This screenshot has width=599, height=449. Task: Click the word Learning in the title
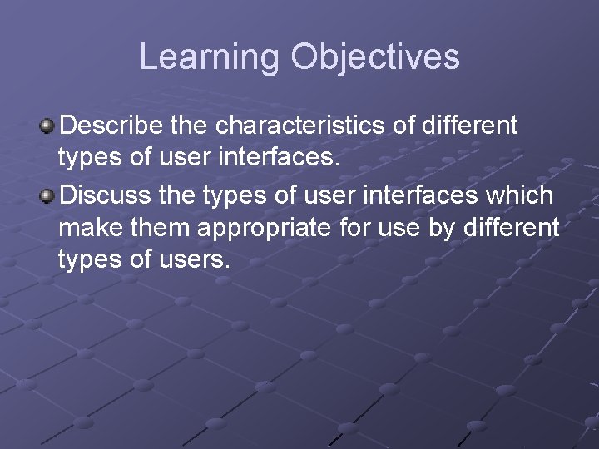tap(209, 57)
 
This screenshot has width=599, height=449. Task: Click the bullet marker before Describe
tap(48, 126)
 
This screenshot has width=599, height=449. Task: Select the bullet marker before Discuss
tap(48, 196)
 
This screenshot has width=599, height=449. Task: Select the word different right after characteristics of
tap(470, 126)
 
